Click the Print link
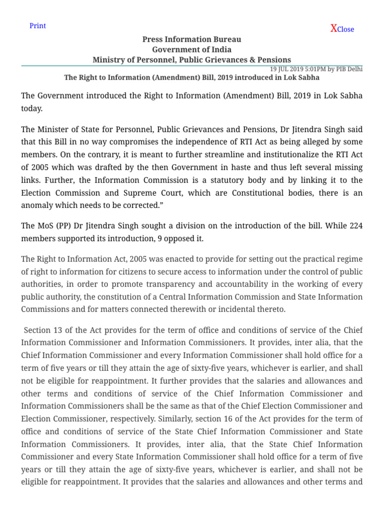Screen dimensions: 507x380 tap(38, 26)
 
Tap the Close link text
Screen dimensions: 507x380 tap(345, 29)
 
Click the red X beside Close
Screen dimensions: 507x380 tap(333, 28)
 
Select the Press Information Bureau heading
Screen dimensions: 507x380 tap(191, 39)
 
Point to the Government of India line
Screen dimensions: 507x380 tap(191, 50)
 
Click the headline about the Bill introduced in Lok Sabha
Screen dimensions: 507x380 tap(191, 78)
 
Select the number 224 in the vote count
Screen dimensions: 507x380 tap(355, 226)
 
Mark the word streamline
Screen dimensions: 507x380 tap(214, 155)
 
